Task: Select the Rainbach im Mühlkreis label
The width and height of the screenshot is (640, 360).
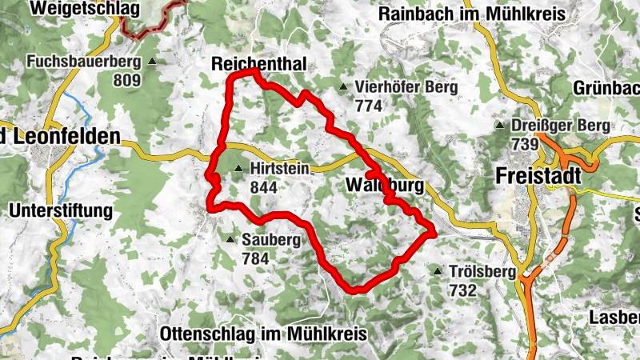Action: tap(471, 14)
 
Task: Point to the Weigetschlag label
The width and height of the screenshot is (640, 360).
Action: tap(83, 10)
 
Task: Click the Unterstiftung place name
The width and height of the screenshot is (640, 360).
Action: tap(61, 211)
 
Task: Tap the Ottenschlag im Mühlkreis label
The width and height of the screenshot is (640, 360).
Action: tap(263, 334)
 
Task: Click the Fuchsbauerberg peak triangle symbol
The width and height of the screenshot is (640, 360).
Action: tap(151, 62)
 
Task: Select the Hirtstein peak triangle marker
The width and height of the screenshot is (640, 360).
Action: tap(238, 169)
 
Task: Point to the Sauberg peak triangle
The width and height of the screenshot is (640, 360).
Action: tap(230, 239)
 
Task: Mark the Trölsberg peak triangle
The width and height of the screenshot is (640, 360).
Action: tap(438, 272)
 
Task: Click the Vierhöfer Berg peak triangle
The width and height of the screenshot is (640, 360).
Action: tap(343, 86)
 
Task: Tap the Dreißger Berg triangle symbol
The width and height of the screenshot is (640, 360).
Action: tap(500, 126)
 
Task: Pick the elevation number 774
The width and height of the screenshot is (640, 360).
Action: tap(369, 105)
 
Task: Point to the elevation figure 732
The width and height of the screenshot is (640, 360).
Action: tap(462, 290)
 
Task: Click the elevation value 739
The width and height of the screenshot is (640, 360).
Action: tap(524, 144)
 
